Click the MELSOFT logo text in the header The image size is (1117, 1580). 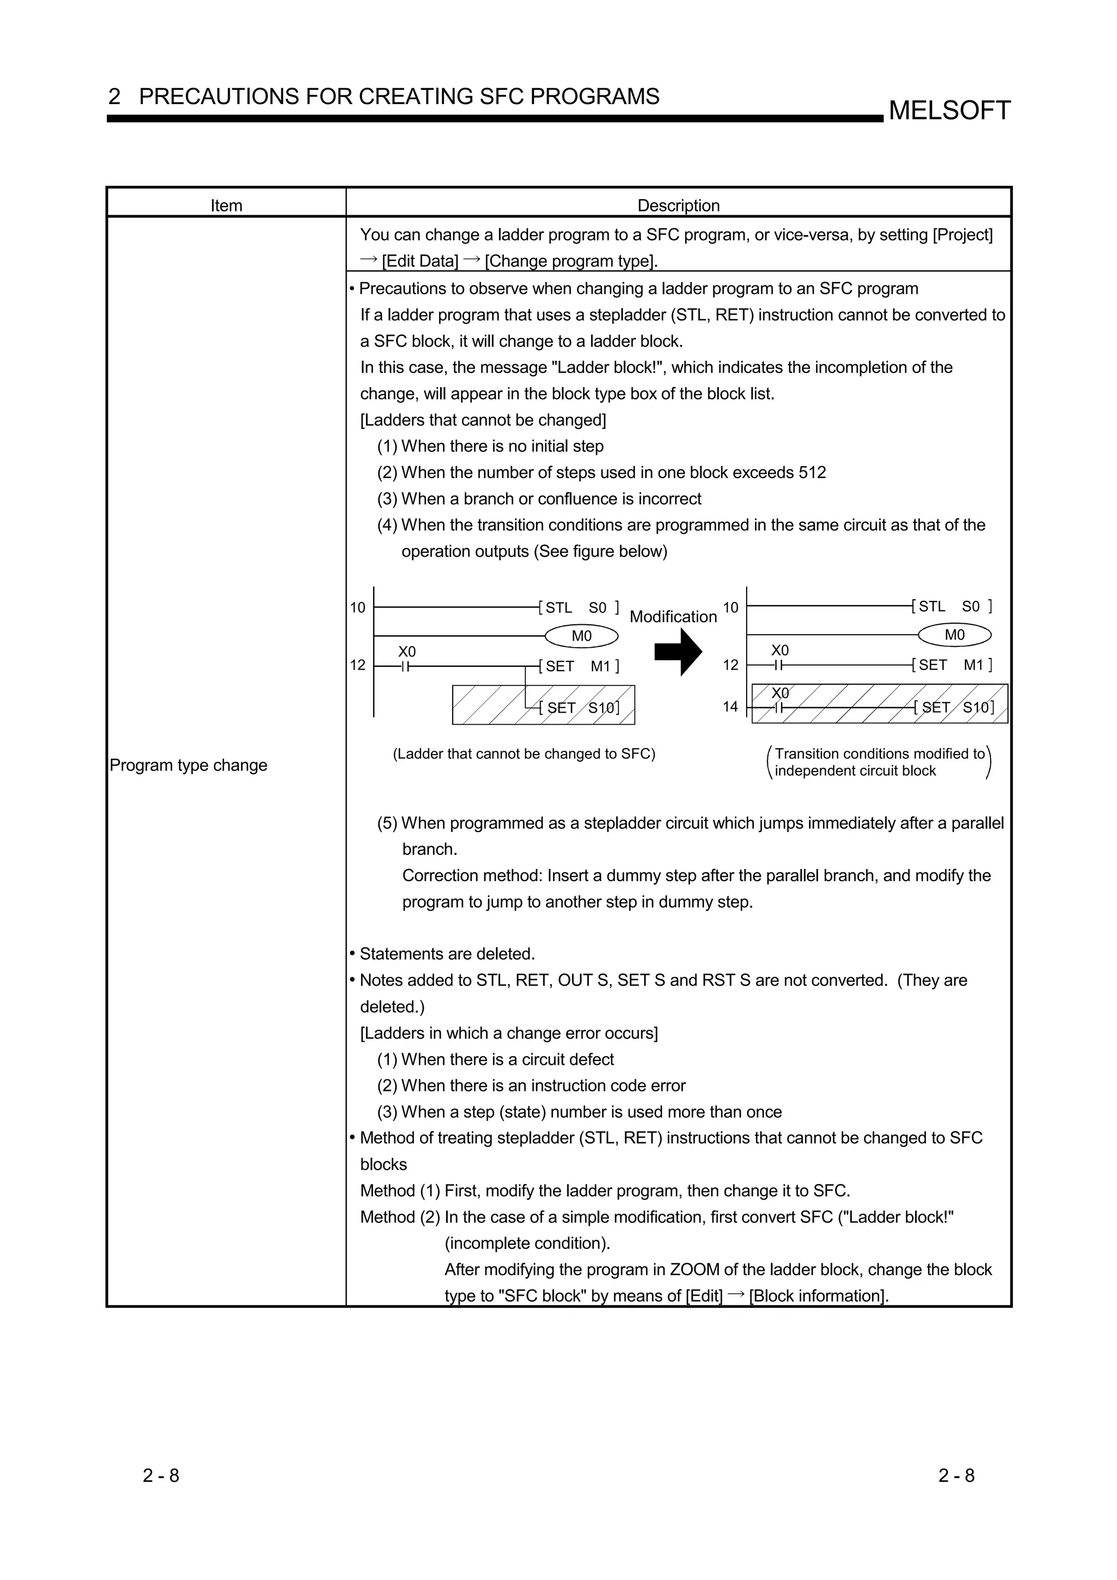point(949,111)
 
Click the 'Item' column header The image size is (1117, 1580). point(226,205)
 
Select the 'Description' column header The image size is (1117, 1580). point(678,205)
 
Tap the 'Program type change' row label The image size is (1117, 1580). point(189,765)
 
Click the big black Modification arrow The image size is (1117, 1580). point(678,651)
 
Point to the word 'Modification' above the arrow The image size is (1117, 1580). point(673,617)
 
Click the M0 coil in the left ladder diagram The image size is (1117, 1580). point(581,636)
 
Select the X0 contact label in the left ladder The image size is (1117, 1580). point(407,651)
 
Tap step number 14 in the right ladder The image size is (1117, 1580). point(730,706)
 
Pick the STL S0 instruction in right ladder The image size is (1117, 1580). point(952,606)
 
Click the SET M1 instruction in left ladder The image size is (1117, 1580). point(581,666)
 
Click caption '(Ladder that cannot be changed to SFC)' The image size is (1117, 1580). point(524,753)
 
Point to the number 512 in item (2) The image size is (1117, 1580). point(812,473)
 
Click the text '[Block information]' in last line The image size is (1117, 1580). point(818,1296)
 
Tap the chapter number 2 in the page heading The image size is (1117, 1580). point(114,97)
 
